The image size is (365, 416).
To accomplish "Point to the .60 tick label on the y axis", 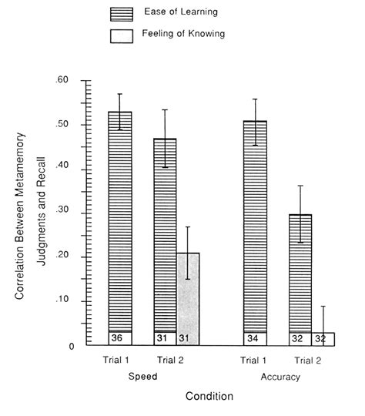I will tap(62, 80).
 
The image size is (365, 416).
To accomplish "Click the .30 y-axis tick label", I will tap(62, 213).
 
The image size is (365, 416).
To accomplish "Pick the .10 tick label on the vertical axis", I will tap(62, 300).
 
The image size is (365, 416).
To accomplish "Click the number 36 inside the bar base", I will tap(117, 338).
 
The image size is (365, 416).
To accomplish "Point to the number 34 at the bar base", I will tap(253, 338).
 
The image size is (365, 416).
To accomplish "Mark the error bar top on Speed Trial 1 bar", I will tap(119, 94).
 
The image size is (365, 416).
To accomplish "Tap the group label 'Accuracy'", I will tap(280, 377).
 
